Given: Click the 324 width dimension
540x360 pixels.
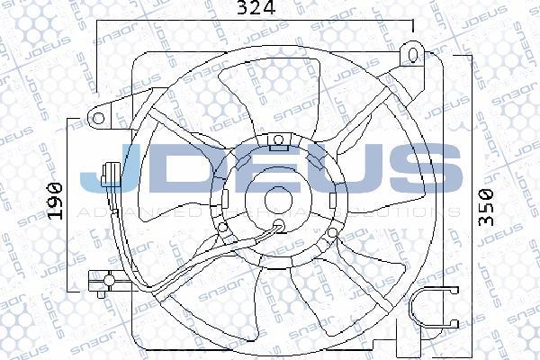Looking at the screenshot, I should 256,11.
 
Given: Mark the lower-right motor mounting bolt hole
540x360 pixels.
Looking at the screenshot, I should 333,233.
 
